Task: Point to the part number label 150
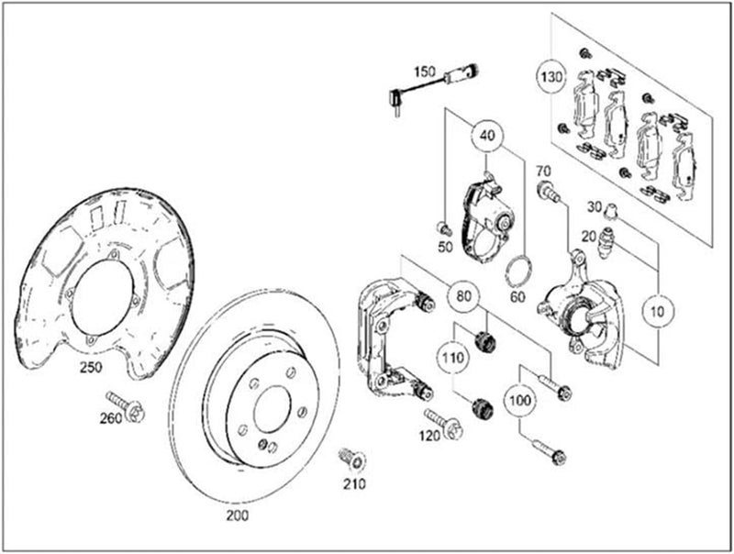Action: point(424,71)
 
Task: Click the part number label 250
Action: point(90,367)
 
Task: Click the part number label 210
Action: point(355,483)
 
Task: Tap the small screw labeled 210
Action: point(350,457)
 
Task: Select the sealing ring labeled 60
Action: point(519,271)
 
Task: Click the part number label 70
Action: point(542,171)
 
